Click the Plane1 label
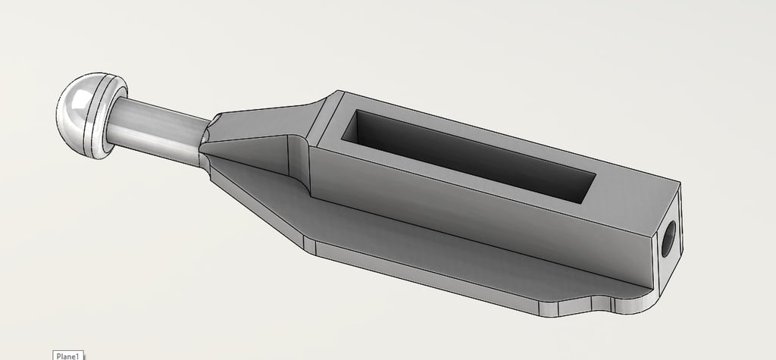coord(67,355)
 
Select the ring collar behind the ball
coord(107,117)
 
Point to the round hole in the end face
coord(668,239)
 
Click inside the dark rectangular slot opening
coord(468,155)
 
